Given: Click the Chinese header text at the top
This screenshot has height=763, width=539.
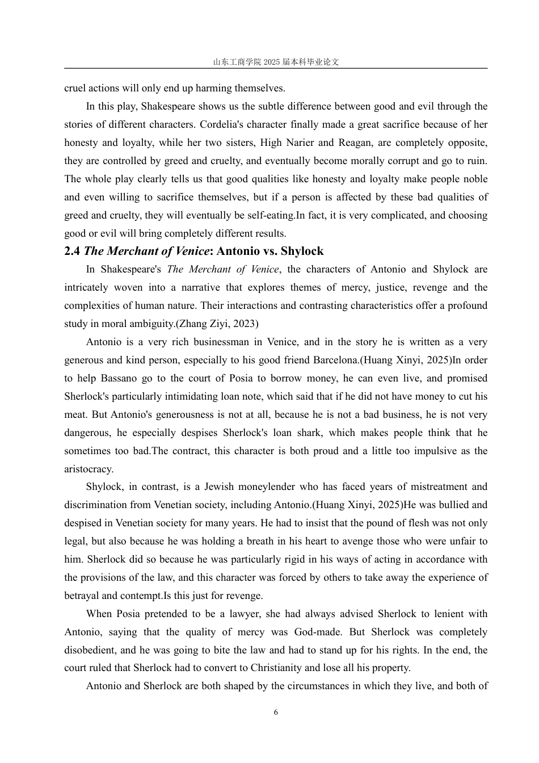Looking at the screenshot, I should pos(276,62).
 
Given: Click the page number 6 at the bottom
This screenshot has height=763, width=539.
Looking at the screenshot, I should pos(276,712).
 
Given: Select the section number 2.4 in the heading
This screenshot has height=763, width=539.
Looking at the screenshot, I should pos(72,251).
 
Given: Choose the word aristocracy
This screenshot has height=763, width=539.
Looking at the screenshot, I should pos(89,469).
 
